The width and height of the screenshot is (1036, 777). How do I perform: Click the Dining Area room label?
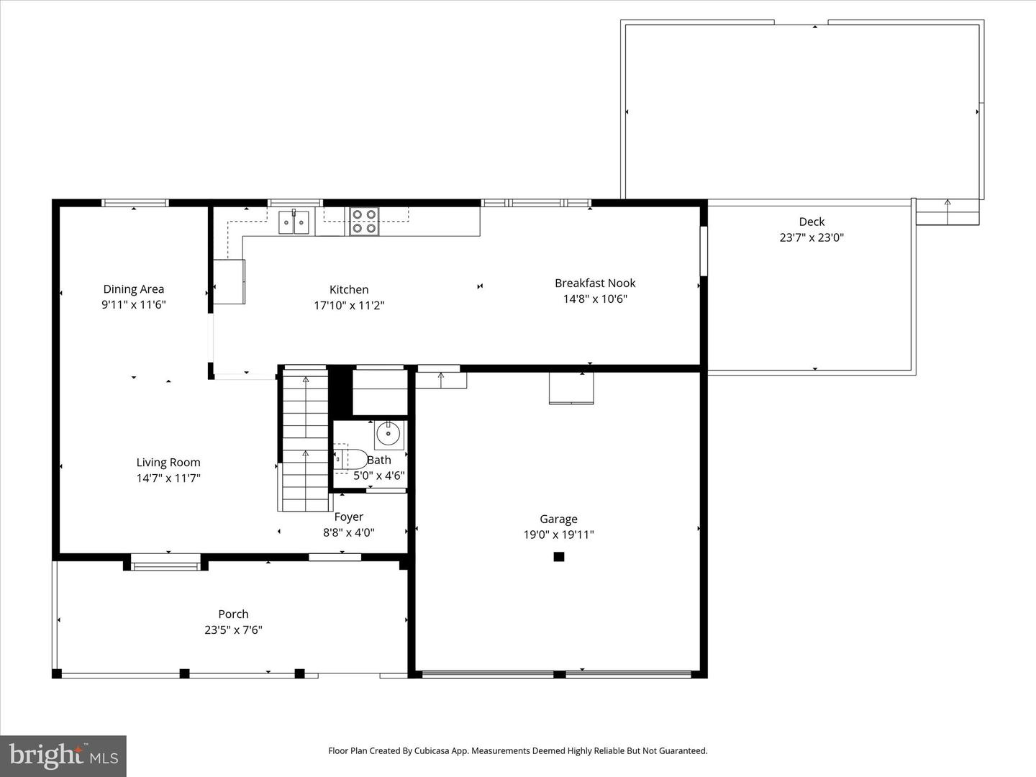click(133, 289)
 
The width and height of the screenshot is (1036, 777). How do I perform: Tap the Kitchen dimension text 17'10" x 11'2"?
click(349, 305)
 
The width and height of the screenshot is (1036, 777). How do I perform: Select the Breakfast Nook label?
click(595, 283)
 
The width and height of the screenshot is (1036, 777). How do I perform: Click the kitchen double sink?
click(294, 222)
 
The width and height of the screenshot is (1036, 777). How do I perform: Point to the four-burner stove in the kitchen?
click(364, 222)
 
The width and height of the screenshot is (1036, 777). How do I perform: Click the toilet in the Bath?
click(350, 459)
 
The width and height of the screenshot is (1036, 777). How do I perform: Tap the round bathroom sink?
click(388, 435)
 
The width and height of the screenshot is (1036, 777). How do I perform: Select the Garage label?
click(558, 519)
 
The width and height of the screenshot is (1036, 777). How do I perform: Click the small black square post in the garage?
click(559, 556)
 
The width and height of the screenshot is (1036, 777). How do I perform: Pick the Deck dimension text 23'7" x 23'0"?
click(812, 237)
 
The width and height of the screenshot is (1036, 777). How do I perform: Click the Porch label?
click(233, 614)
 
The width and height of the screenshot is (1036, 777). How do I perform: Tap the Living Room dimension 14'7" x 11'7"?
click(168, 478)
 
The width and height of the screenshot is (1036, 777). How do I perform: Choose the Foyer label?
click(348, 517)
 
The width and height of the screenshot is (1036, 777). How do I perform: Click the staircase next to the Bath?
click(306, 439)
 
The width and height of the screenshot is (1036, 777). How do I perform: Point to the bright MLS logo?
click(63, 755)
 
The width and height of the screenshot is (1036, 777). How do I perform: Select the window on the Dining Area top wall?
click(135, 203)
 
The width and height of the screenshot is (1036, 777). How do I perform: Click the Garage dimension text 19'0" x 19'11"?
click(558, 535)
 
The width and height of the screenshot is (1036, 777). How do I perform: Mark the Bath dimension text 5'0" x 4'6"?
click(379, 476)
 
